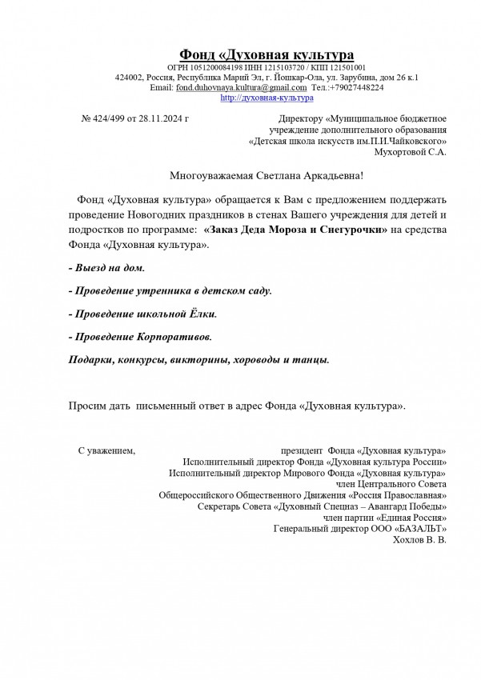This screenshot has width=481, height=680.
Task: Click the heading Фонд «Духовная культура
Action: coord(267,54)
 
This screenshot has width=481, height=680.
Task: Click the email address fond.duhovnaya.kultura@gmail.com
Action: coord(241,87)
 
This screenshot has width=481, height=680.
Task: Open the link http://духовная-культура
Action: coord(266,98)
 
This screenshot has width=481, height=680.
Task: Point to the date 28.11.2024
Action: coord(160,118)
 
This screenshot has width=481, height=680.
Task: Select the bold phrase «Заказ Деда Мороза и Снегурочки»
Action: coord(296,229)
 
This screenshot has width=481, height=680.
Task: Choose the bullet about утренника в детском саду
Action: coord(170,289)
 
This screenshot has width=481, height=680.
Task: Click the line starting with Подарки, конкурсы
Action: coord(198,360)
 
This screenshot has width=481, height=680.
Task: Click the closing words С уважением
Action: coord(106,451)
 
